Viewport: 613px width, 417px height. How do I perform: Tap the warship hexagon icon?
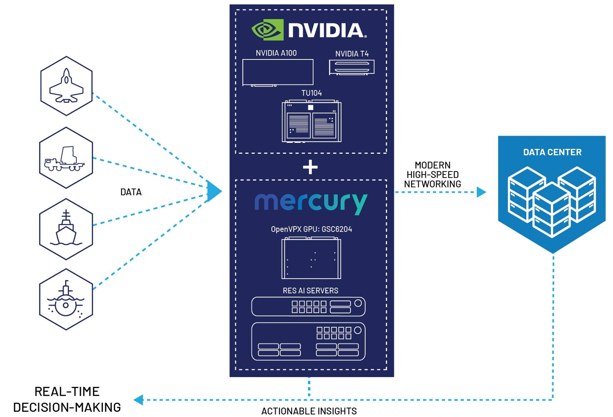point(66,229)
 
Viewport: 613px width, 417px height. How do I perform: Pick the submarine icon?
point(66,300)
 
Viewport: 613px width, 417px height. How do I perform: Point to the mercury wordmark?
point(311,203)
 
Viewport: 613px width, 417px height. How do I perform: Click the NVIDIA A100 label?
point(276,53)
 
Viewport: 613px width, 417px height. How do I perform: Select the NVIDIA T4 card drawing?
point(352,67)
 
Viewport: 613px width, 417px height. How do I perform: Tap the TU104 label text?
point(311,93)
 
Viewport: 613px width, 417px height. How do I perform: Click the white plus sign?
point(310,167)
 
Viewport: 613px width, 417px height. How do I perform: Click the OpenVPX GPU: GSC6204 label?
point(311,229)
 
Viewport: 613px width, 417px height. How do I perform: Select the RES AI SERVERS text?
point(310,291)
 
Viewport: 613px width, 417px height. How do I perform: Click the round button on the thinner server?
point(358,303)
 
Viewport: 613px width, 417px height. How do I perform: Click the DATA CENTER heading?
point(552,152)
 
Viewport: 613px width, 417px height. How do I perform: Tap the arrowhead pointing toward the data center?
point(481,192)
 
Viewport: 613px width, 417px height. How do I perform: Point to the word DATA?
point(131,192)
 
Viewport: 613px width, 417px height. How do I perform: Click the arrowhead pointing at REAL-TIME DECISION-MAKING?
point(139,400)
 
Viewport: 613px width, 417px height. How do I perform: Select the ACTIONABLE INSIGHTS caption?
point(309,411)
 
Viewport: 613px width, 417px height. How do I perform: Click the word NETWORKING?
point(432,184)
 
